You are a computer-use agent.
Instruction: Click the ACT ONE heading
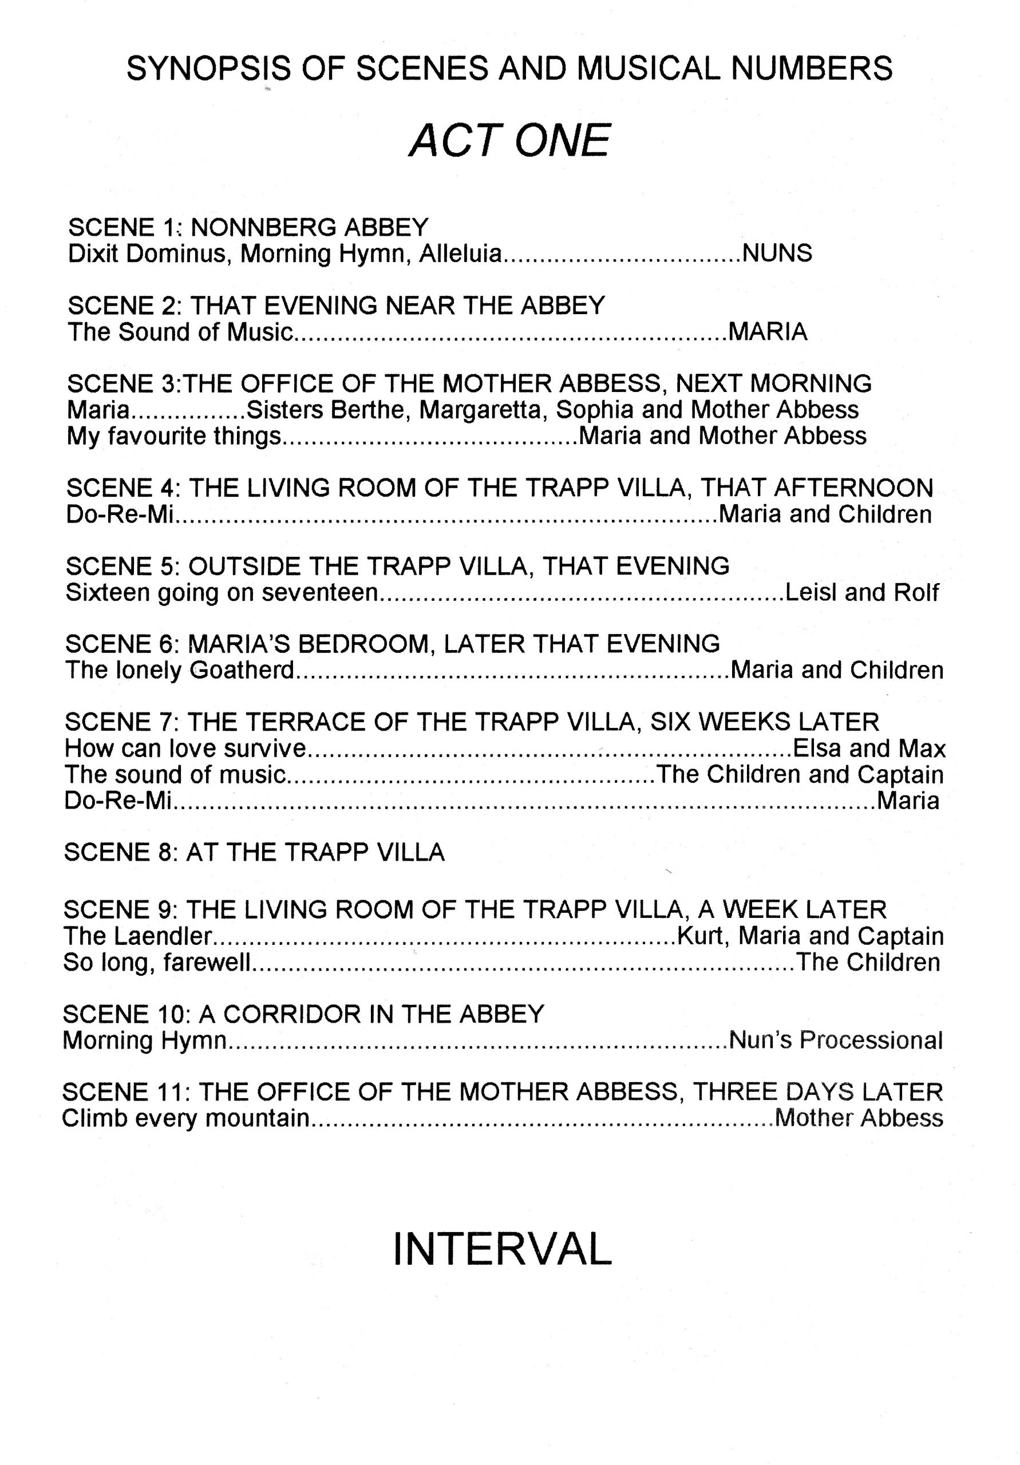pos(509,140)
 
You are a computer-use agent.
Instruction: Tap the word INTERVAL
pos(503,1249)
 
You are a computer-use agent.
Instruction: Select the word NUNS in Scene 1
pos(777,254)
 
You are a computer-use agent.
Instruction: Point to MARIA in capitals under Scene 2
pos(768,332)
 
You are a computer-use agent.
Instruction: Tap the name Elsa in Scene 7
pos(816,748)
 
